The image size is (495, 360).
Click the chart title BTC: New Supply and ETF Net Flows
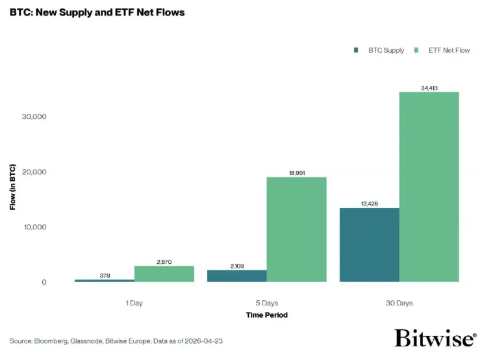97,12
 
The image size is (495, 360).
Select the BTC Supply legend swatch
357,50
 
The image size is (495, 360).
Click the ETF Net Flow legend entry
446,50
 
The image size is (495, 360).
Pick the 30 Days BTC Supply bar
369,245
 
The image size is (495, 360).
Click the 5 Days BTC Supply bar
236,276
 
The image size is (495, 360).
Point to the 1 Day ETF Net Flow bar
164,274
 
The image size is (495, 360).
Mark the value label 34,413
429,87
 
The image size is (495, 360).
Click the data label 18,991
296,172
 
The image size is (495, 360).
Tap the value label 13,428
369,203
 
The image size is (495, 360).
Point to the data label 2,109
236,266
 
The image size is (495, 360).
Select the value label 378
105,276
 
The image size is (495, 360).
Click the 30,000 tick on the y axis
34,117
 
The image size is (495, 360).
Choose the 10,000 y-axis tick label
34,227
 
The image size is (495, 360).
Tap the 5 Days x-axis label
266,303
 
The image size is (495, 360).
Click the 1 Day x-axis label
134,303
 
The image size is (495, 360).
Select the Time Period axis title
266,315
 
